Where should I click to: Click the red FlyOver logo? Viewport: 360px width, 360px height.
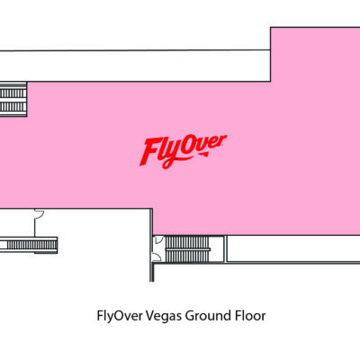point(183,151)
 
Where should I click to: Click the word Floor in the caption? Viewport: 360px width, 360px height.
point(250,316)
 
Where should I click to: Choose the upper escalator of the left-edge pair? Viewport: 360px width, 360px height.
point(13,94)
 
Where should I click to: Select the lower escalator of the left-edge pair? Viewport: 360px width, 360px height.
point(13,106)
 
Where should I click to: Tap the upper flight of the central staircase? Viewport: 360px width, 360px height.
point(186,242)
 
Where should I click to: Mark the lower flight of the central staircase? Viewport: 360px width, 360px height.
point(186,256)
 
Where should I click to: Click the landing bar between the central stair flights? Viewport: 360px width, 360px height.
point(188,249)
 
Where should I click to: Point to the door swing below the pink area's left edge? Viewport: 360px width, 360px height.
point(40,213)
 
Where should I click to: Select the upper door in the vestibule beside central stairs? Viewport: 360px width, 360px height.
point(158,239)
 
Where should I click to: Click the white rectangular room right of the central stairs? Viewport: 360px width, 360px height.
point(293,248)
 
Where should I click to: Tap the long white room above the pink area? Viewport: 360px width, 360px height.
point(135,66)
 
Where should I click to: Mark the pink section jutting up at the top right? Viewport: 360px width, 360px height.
point(315,54)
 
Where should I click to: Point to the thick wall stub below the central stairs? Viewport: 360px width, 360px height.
point(152,273)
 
